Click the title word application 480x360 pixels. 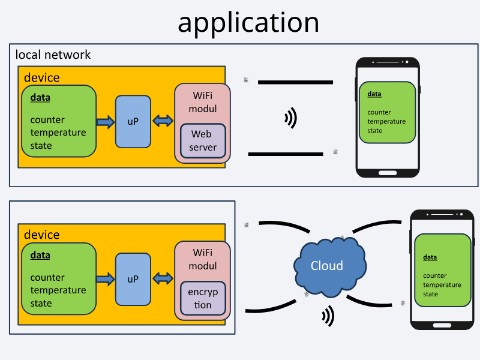[x=248, y=22]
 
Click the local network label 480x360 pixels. [x=53, y=55]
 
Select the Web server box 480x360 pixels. [x=203, y=140]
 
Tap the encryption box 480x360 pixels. [x=203, y=298]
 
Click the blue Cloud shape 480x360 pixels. [x=328, y=266]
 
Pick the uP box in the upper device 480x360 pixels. [x=133, y=121]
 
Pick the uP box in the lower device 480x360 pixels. [x=133, y=279]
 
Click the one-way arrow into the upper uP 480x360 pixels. [x=106, y=122]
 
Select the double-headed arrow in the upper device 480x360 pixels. [x=163, y=121]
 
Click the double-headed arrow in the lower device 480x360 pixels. [x=163, y=279]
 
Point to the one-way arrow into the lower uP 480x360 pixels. [x=106, y=279]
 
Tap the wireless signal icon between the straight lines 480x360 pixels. [x=291, y=118]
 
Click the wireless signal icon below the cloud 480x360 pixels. [x=328, y=316]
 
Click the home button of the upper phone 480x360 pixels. [x=387, y=173]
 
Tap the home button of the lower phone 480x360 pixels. [x=442, y=325]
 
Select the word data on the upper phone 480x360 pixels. [x=374, y=94]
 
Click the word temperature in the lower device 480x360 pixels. [x=58, y=290]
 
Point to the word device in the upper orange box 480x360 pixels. [x=41, y=77]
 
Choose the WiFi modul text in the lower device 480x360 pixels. [x=203, y=259]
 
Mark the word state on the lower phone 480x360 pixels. [x=431, y=294]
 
